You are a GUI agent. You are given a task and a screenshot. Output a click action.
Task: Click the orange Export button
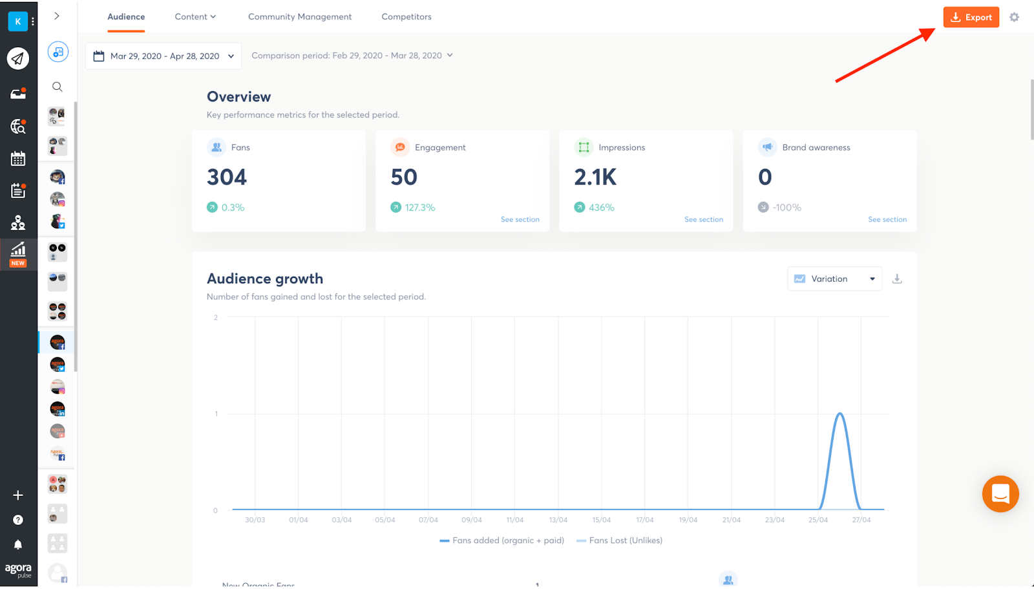[x=971, y=17]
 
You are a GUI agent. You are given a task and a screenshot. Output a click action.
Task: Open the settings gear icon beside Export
[x=1014, y=17]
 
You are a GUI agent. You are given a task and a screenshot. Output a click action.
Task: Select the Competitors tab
[x=406, y=17]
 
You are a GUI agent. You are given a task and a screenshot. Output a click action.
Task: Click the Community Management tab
[x=300, y=17]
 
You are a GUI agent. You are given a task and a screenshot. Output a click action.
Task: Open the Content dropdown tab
[x=195, y=17]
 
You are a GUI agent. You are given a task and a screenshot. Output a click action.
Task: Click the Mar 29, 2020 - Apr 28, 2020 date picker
[x=164, y=56]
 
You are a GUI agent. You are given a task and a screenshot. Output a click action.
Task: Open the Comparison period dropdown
[x=352, y=56]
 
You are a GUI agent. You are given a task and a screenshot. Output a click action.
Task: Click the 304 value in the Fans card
[x=227, y=177]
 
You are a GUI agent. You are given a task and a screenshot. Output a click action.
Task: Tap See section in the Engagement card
[x=520, y=220]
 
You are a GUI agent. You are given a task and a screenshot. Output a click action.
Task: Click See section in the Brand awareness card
[x=887, y=220]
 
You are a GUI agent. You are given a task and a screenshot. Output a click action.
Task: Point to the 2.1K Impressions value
[x=595, y=177]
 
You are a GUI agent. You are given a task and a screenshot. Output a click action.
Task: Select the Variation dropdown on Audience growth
[x=834, y=279]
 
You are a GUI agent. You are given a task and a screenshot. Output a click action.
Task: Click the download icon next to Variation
[x=897, y=279]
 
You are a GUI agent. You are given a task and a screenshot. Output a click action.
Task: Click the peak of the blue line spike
[x=839, y=414]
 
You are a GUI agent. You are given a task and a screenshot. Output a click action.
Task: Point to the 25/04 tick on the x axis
[x=818, y=520]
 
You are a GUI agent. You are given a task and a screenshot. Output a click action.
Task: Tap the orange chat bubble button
[x=1000, y=494]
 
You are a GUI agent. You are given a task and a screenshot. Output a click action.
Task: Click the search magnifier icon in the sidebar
[x=58, y=87]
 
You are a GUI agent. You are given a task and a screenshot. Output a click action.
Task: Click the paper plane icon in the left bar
[x=18, y=59]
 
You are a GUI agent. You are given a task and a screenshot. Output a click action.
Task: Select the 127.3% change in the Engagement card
[x=419, y=208]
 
